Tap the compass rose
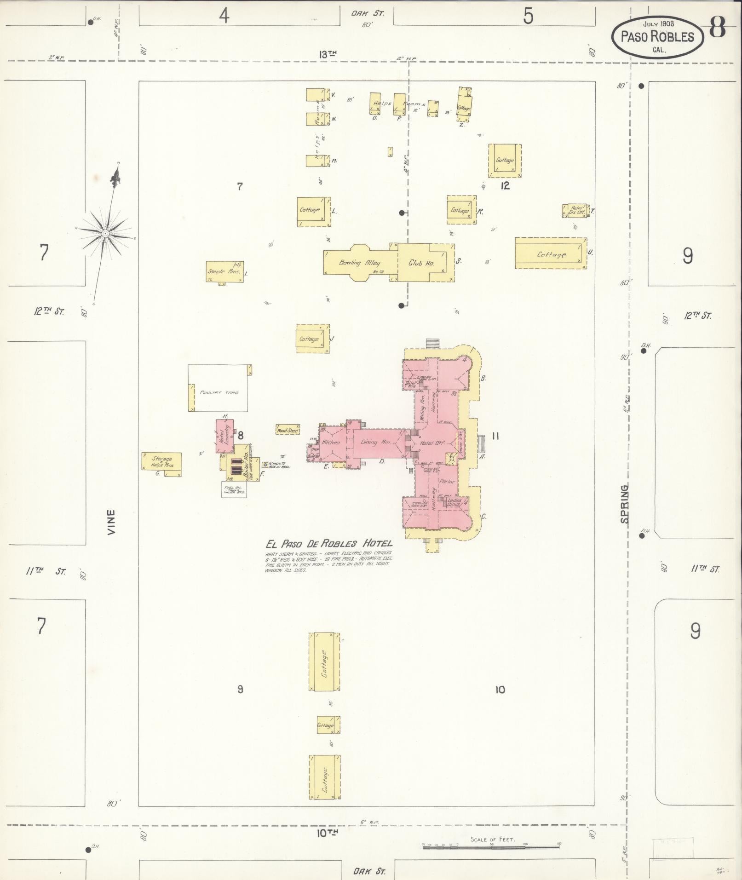pyautogui.click(x=105, y=233)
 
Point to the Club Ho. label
pyautogui.click(x=421, y=264)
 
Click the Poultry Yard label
pyautogui.click(x=219, y=392)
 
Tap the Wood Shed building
pyautogui.click(x=288, y=431)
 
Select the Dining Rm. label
pyautogui.click(x=375, y=442)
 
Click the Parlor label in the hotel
pyautogui.click(x=447, y=482)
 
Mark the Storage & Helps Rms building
pyautogui.click(x=161, y=462)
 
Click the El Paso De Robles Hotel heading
pyautogui.click(x=329, y=543)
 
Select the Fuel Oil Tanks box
pyautogui.click(x=234, y=489)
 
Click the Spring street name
pyautogui.click(x=624, y=504)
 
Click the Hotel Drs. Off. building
pyautogui.click(x=575, y=211)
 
